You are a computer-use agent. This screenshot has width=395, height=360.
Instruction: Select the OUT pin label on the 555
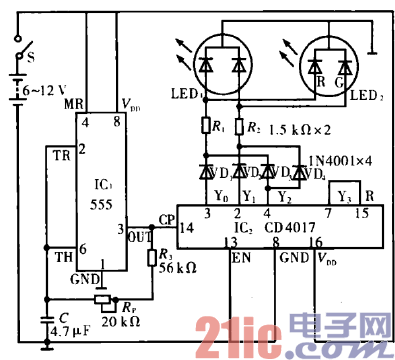140,237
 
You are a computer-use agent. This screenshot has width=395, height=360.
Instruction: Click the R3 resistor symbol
156,258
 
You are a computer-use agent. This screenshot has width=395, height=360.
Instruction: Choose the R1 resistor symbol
206,126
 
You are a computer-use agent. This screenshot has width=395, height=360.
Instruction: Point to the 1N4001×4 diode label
340,159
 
